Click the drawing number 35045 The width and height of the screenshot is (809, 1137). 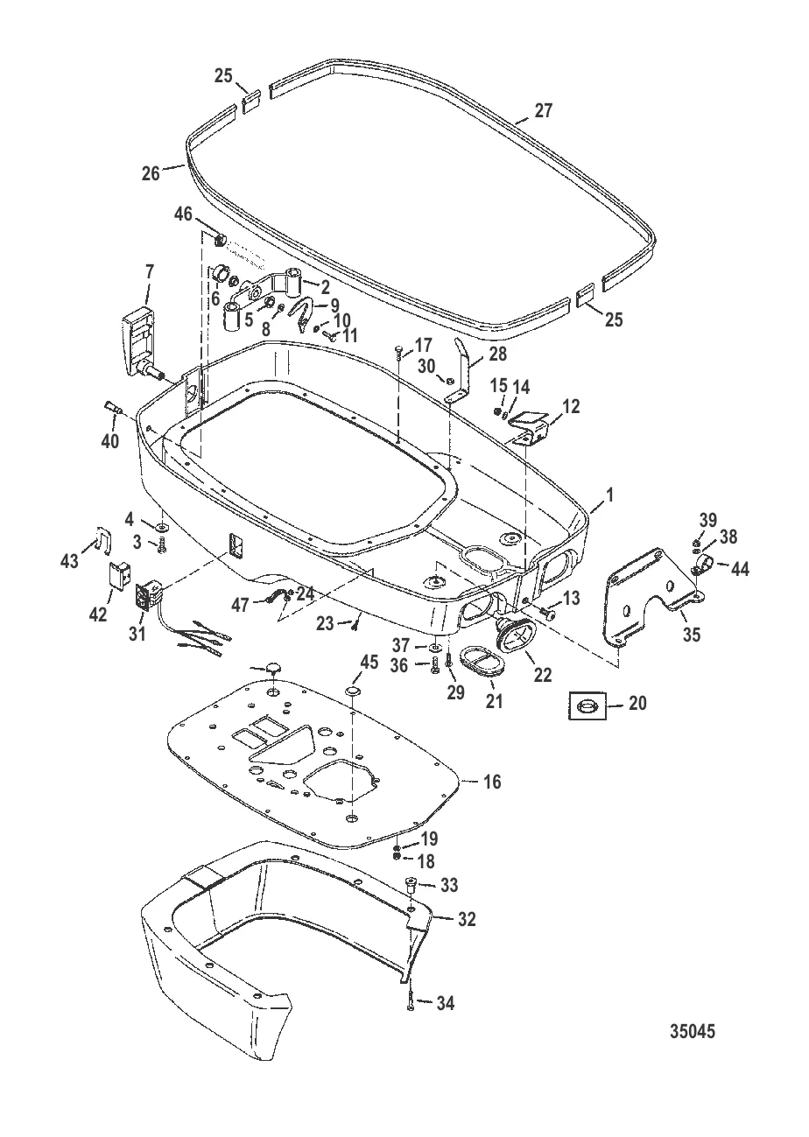(693, 1031)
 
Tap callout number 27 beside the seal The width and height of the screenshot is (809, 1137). (543, 110)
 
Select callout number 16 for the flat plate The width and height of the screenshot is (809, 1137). (492, 781)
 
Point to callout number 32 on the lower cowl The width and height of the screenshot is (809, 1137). (467, 919)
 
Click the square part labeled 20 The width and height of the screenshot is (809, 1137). (587, 705)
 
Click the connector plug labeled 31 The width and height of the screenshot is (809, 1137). (149, 599)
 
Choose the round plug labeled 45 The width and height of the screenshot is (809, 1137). (351, 691)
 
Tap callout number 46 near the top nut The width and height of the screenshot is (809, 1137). (183, 214)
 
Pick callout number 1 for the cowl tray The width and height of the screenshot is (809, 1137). (610, 495)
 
